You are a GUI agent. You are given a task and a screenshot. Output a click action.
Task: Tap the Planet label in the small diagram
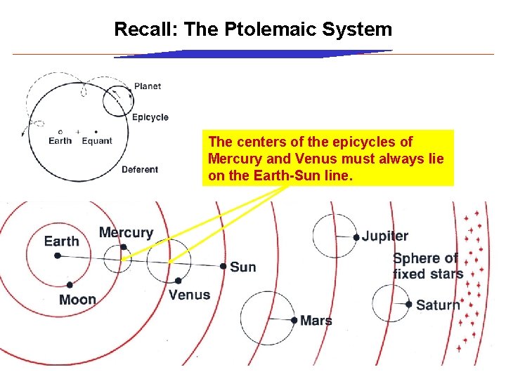[x=148, y=86]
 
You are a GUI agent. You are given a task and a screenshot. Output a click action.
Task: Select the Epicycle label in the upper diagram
[x=150, y=117]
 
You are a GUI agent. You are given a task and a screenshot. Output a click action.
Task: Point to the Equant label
[x=97, y=141]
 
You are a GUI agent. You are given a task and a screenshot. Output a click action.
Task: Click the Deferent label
[x=140, y=169]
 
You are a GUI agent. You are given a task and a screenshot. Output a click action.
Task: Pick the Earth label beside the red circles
[x=62, y=241]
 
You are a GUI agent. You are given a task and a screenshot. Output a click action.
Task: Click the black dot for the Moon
[x=70, y=285]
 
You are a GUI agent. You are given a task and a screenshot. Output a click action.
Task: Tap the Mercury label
[x=126, y=232]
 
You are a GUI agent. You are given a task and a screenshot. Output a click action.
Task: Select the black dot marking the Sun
[x=223, y=267]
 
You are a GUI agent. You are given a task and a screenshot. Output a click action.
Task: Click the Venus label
[x=189, y=295]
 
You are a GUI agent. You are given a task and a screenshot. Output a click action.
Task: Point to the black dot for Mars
[x=294, y=320]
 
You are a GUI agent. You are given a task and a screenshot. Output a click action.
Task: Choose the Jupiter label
[x=385, y=237]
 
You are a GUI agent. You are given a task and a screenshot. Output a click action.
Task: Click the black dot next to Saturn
[x=408, y=305]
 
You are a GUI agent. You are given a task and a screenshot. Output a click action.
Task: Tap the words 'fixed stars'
[x=428, y=274]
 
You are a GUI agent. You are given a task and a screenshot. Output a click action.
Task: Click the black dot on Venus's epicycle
[x=178, y=281]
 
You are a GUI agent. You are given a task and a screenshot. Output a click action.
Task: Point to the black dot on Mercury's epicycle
[x=124, y=247]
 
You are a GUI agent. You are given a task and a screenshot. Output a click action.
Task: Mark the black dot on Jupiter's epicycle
[x=356, y=237]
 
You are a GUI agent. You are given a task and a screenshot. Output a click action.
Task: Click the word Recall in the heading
[x=145, y=29]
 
